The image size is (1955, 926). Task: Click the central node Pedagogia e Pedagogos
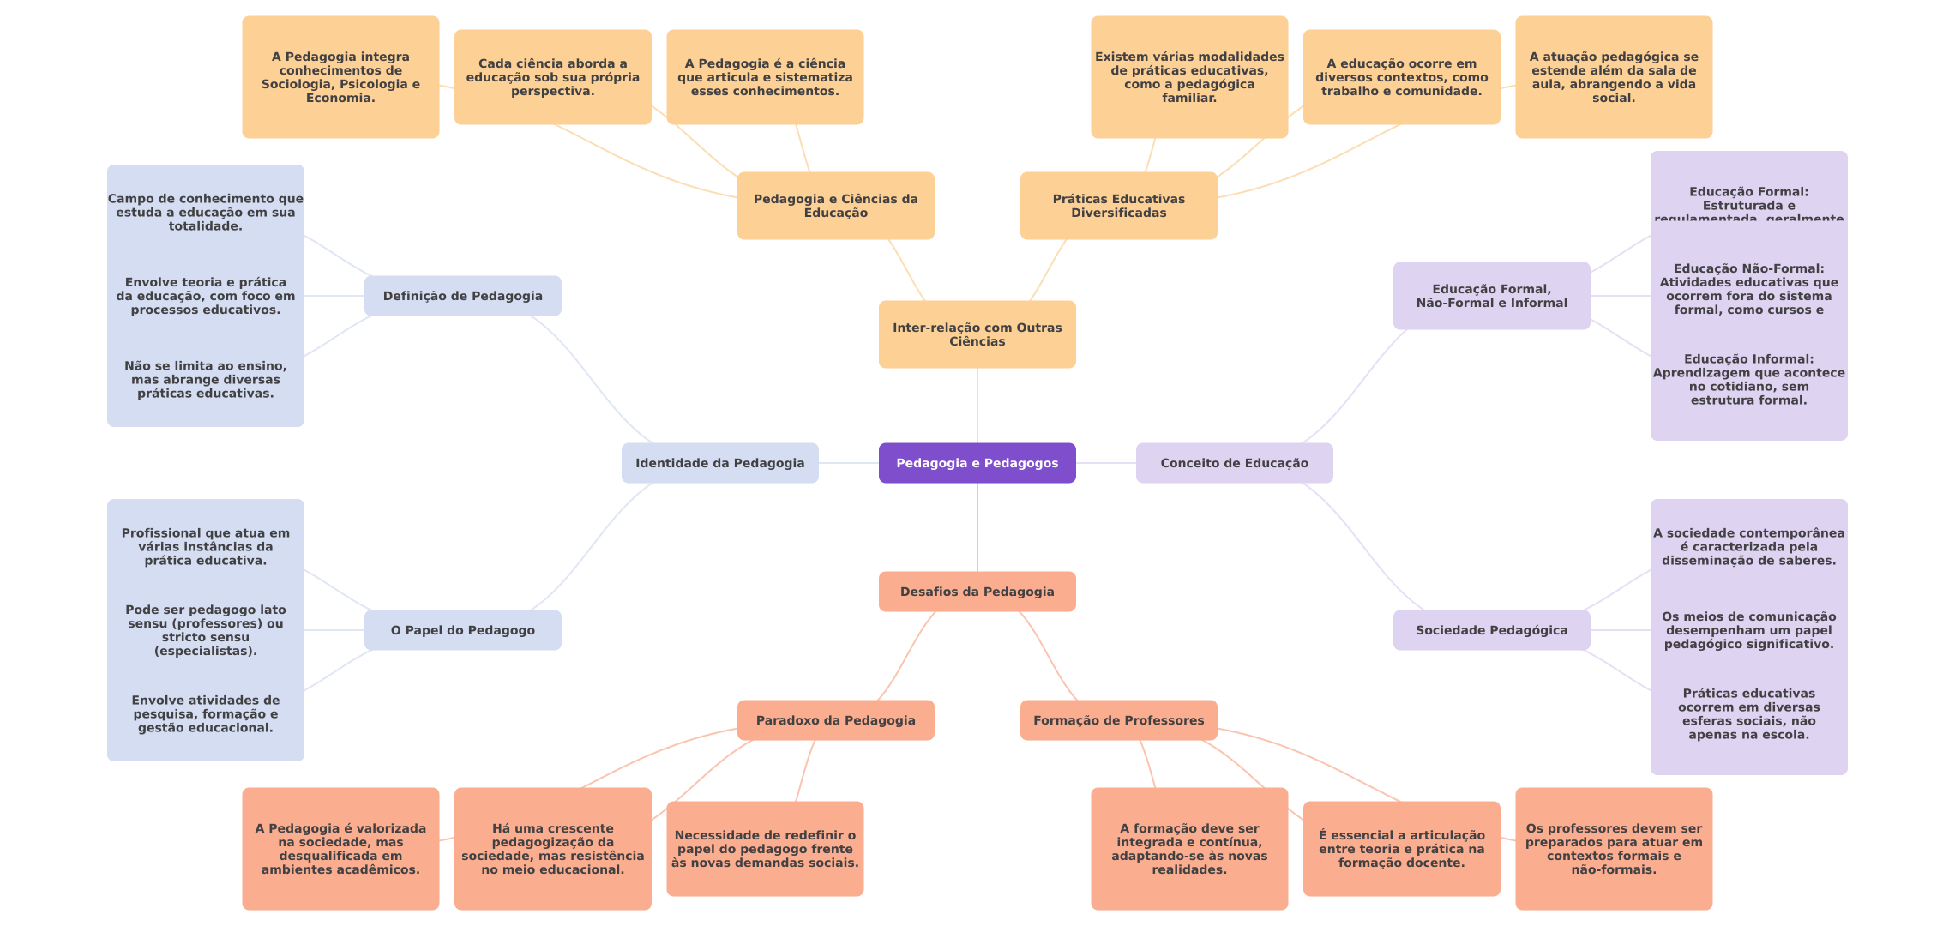977,463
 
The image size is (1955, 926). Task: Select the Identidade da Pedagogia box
719,463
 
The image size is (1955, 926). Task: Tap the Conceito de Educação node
1234,463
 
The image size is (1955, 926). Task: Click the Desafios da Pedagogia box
977,592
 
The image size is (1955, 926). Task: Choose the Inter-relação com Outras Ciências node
977,334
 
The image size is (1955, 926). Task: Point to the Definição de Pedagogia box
462,296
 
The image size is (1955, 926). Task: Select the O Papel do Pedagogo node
462,630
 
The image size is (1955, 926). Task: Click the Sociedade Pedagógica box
1491,630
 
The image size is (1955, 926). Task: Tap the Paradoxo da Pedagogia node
835,720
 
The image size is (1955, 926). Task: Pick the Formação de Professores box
1118,720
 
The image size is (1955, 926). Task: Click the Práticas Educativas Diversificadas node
1118,206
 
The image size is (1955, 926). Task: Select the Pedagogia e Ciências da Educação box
835,206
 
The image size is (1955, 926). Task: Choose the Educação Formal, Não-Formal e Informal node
1491,296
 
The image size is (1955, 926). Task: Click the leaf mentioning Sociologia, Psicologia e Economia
340,77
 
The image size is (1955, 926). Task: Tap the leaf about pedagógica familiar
1189,77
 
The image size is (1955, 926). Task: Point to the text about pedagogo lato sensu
206,630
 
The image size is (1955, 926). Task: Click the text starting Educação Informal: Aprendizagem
1748,379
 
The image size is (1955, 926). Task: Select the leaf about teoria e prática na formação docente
1401,849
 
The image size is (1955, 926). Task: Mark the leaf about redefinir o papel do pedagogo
765,849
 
